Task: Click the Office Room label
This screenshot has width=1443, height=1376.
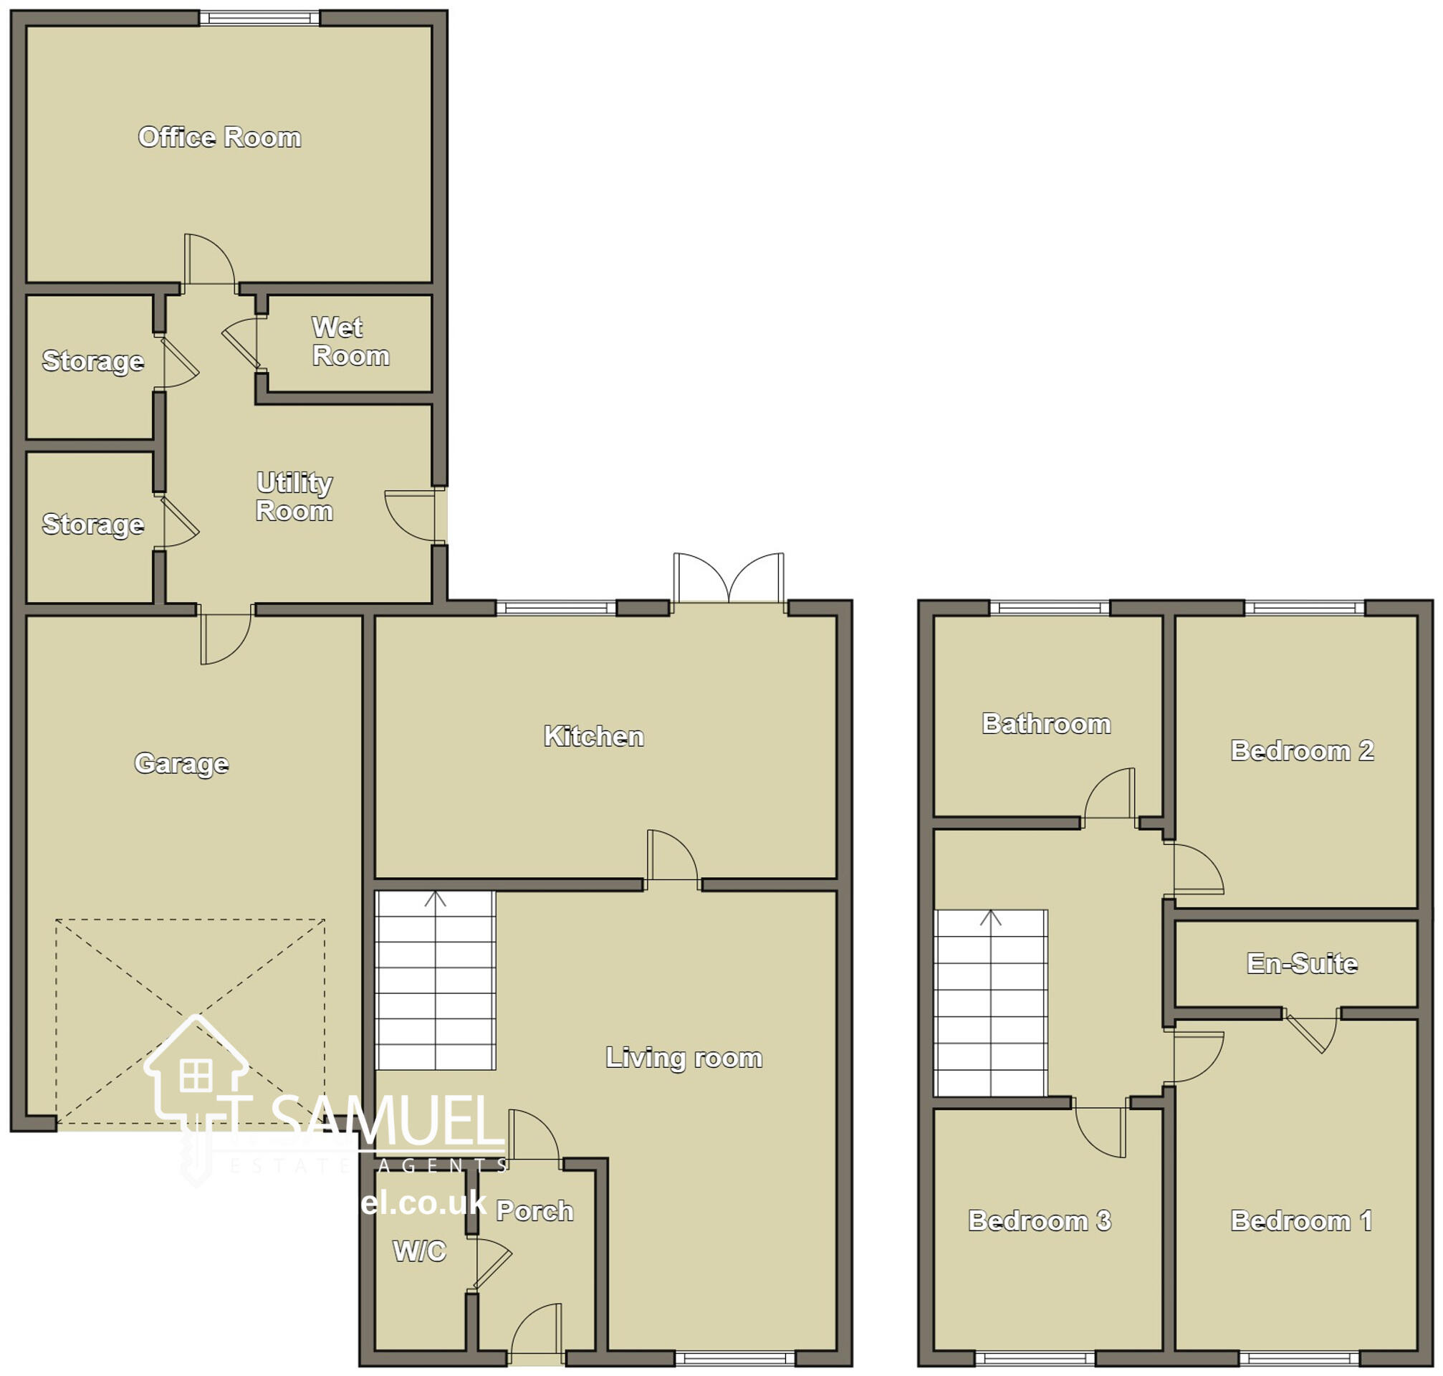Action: (x=219, y=137)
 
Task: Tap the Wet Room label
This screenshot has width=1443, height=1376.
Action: (x=350, y=342)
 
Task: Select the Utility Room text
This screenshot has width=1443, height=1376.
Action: (x=294, y=497)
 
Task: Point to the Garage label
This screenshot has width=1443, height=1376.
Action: (x=181, y=763)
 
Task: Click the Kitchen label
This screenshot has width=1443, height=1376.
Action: (x=593, y=737)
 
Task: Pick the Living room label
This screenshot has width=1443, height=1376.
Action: (x=684, y=1058)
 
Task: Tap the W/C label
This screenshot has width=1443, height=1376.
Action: (x=418, y=1251)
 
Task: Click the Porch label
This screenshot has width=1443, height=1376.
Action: (x=534, y=1211)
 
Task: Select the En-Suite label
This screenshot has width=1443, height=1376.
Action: (x=1301, y=963)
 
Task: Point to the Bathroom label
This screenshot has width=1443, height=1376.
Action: (x=1045, y=724)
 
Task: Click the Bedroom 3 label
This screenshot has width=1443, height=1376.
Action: (x=1039, y=1220)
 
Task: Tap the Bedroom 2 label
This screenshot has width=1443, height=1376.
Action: (x=1301, y=750)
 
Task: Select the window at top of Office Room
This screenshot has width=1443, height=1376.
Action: (x=259, y=19)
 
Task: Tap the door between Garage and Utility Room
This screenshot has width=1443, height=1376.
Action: (x=225, y=634)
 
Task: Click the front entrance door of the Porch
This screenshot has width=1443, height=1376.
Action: (x=537, y=1332)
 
